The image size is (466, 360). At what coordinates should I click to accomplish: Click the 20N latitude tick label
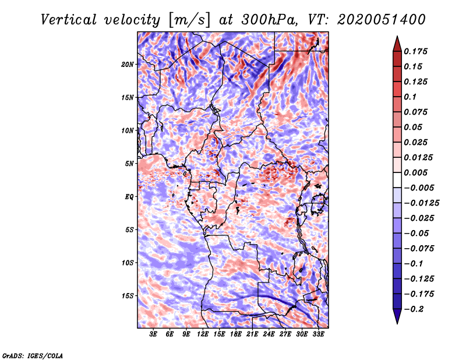[x=128, y=64]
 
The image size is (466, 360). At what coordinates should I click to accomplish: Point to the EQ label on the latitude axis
[x=129, y=197]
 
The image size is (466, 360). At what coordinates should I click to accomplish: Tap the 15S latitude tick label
[x=128, y=296]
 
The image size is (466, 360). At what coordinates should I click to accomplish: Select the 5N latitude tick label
[x=129, y=164]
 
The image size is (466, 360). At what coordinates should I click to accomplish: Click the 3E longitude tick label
[x=154, y=334]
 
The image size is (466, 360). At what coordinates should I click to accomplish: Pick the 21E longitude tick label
[x=252, y=334]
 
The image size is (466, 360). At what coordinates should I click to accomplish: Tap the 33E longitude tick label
[x=318, y=334]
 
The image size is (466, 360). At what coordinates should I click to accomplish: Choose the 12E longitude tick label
[x=203, y=334]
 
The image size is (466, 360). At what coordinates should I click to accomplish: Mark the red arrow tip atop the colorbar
[x=397, y=38]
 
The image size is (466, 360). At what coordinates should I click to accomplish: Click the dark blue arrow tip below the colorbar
[x=397, y=320]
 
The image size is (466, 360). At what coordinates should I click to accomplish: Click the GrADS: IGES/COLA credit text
[x=32, y=355]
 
